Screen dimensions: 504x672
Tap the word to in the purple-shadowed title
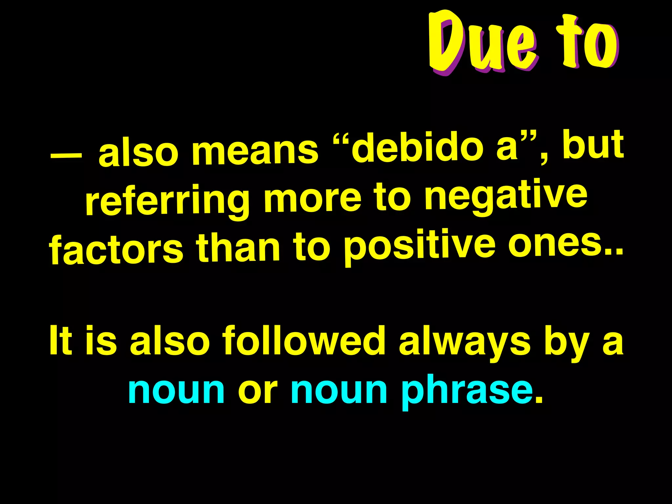[587, 43]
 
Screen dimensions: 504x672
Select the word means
[255, 151]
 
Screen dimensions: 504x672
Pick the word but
[593, 144]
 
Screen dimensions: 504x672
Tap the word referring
[167, 201]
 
